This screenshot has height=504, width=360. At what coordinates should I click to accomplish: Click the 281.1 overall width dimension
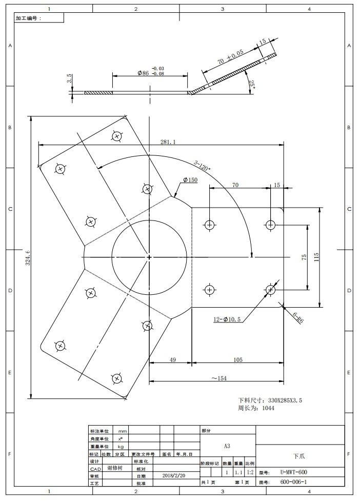(x=168, y=142)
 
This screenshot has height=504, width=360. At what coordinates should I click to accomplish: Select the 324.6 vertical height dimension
(x=28, y=257)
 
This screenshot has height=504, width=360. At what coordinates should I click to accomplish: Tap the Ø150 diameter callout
(x=190, y=180)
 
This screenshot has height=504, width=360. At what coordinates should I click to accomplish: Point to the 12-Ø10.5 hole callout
(x=227, y=319)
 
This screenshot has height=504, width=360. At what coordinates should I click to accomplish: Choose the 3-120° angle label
(x=202, y=166)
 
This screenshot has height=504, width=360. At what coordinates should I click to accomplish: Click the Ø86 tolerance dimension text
(x=151, y=71)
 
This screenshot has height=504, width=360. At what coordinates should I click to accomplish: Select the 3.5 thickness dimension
(x=69, y=78)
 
